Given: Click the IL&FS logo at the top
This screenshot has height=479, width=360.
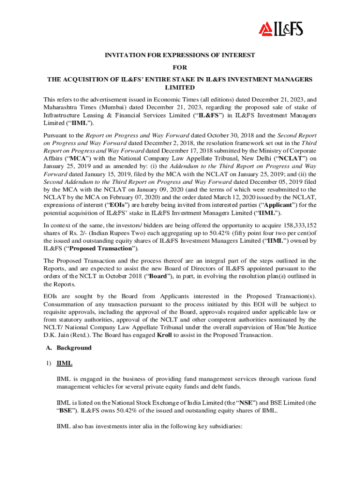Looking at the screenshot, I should [281, 29].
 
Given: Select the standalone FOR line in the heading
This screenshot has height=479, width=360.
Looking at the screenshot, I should [180, 67].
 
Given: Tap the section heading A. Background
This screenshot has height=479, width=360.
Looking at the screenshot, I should [72, 348].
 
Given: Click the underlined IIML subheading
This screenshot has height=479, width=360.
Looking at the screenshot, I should [64, 363].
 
